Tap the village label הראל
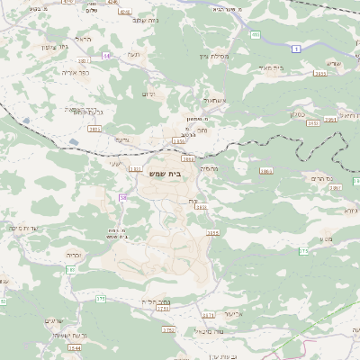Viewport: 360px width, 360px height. [x=84, y=40]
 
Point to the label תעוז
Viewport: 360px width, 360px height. [x=133, y=56]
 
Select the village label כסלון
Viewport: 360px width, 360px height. [x=296, y=114]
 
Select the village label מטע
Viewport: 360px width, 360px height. [x=326, y=238]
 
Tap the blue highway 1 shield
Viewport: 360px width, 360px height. [x=294, y=49]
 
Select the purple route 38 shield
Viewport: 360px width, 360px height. [x=122, y=197]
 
